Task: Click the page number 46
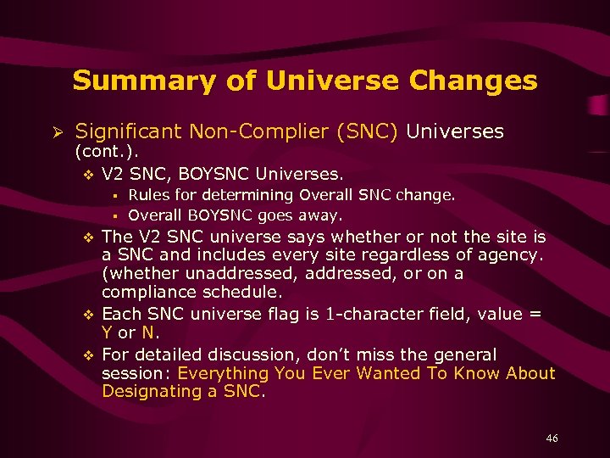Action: [552, 438]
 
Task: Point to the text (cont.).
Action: [107, 153]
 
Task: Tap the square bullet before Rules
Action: [113, 196]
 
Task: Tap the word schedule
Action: [246, 293]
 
